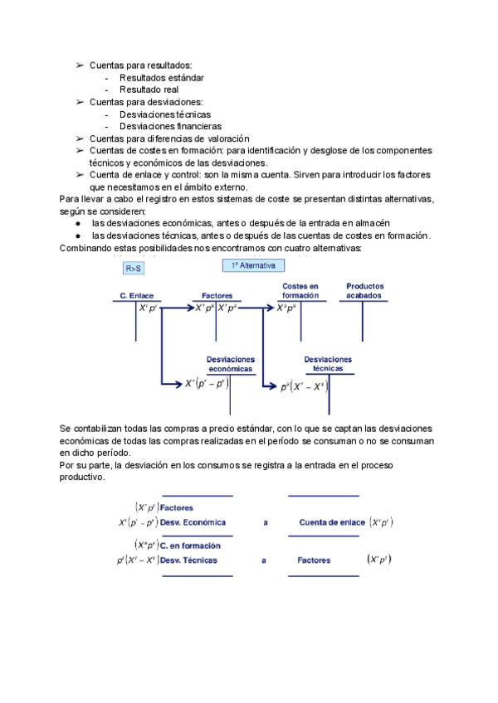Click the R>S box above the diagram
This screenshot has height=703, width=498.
coord(134,269)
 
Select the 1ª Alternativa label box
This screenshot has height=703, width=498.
coord(253,265)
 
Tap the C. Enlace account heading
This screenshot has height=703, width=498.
coord(136,295)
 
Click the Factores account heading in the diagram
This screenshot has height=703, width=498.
coord(217,295)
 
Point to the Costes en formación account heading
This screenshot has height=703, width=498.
coord(300,290)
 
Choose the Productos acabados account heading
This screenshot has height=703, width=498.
coord(365,290)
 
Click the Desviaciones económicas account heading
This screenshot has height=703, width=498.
coord(231,363)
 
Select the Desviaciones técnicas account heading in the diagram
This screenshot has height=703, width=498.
coord(328,363)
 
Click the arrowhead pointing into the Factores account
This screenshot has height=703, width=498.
coord(189,308)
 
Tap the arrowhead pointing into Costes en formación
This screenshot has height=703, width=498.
coord(271,308)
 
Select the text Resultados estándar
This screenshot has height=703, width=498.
coord(162,78)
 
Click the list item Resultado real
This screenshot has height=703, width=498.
coord(149,90)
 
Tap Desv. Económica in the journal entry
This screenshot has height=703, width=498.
coord(193,522)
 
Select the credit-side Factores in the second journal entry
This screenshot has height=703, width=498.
coord(314,560)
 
